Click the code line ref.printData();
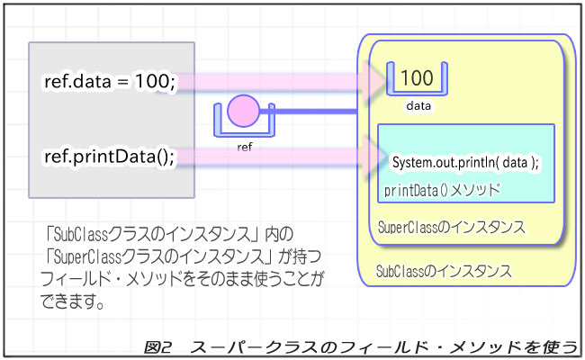pyautogui.click(x=109, y=157)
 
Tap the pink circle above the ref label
pyautogui.click(x=244, y=112)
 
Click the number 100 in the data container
pyautogui.click(x=417, y=77)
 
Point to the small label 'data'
pyautogui.click(x=418, y=106)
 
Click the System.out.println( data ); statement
pyautogui.click(x=465, y=162)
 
